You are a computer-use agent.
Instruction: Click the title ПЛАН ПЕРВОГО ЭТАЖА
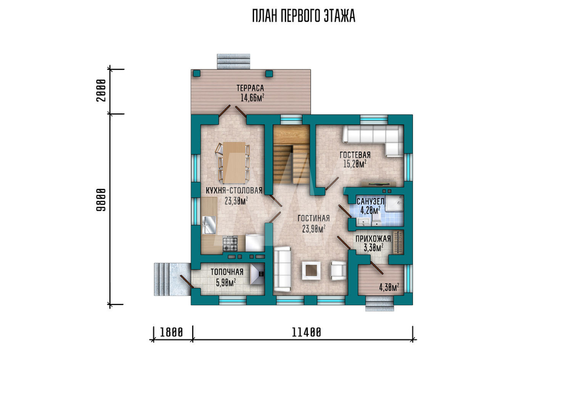[x=304, y=17]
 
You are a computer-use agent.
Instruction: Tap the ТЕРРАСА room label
[x=251, y=88]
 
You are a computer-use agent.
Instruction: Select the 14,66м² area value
[x=252, y=97]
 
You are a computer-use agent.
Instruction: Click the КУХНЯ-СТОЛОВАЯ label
[x=234, y=191]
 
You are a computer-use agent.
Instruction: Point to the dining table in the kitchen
[x=234, y=163]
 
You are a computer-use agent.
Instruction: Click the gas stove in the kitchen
[x=230, y=243]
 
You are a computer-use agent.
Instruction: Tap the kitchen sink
[x=209, y=224]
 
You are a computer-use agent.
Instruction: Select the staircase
[x=292, y=155]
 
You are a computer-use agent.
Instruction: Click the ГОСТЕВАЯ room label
[x=355, y=155]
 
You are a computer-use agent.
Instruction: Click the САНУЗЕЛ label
[x=370, y=202]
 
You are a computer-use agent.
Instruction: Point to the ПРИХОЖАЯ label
[x=373, y=239]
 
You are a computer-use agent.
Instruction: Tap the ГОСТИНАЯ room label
[x=313, y=218]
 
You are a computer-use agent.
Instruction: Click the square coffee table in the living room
[x=311, y=271]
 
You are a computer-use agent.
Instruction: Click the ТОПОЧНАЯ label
[x=227, y=272]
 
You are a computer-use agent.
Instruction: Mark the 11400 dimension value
[x=307, y=332]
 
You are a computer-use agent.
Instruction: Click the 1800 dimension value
[x=172, y=332]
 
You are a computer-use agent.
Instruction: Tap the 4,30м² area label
[x=389, y=287]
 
